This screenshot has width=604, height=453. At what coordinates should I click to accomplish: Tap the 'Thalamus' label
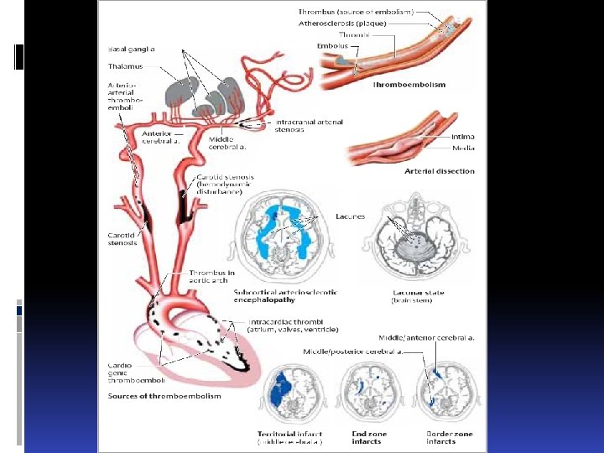pos(126,65)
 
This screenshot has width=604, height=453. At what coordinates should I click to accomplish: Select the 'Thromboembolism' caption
pos(409,85)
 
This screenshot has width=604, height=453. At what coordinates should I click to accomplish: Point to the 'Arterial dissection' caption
pos(440,171)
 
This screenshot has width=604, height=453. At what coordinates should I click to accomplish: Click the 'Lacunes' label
pos(350,216)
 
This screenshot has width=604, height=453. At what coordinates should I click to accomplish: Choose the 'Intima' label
pos(462,136)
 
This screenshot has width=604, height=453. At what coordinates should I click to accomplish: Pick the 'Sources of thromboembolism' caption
pos(164,396)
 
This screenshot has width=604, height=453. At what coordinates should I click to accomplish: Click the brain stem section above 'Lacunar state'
pos(418,240)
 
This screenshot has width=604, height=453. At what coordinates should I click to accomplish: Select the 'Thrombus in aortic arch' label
pos(211,276)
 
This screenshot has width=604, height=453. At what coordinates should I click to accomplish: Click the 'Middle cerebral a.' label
pos(227,143)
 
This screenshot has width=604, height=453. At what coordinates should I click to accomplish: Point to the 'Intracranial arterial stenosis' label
pos(309,126)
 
